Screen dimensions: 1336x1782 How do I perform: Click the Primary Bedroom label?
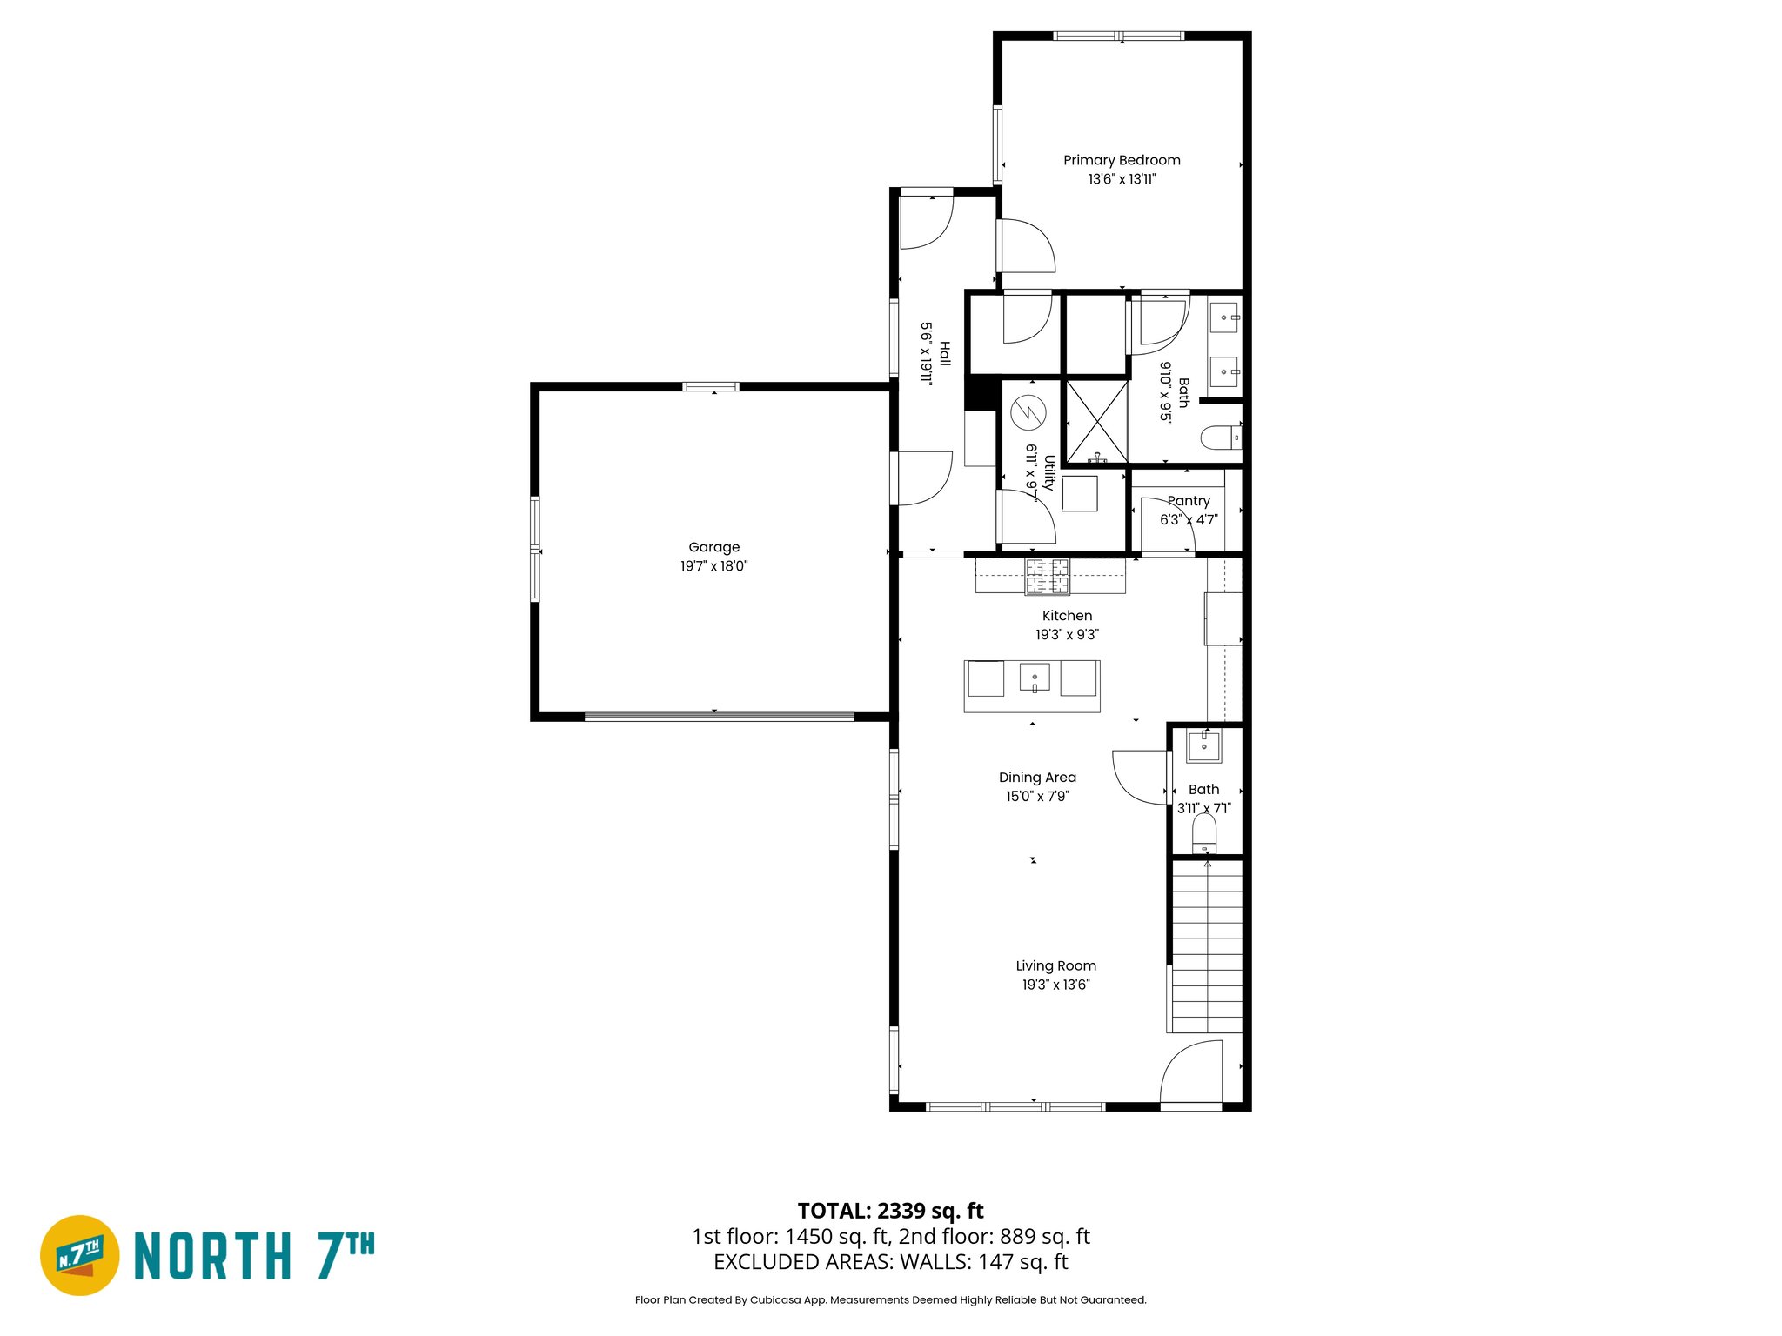click(x=1122, y=160)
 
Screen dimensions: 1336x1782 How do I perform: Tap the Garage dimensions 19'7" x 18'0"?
click(x=713, y=566)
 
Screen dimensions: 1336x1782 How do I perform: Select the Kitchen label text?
click(x=1067, y=616)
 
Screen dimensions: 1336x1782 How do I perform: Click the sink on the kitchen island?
click(x=1034, y=677)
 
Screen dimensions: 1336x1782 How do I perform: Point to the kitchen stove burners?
click(x=1048, y=577)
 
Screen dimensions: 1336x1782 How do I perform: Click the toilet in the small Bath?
click(x=1203, y=834)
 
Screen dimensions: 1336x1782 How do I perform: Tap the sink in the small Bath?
click(x=1204, y=745)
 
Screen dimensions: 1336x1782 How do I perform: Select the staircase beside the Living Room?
click(x=1207, y=946)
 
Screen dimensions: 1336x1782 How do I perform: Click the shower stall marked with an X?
click(x=1096, y=420)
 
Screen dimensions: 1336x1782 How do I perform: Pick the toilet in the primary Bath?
click(x=1220, y=437)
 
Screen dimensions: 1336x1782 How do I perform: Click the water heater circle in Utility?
click(x=1028, y=412)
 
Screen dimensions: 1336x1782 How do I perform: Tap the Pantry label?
click(x=1189, y=501)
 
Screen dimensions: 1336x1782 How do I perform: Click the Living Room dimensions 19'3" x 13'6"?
click(x=1055, y=985)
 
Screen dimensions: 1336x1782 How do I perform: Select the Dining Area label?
click(x=1037, y=778)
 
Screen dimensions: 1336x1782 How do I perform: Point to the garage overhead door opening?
click(x=719, y=717)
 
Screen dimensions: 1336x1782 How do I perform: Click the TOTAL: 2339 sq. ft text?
click(x=890, y=1211)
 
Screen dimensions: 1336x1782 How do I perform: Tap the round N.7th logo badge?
click(x=80, y=1255)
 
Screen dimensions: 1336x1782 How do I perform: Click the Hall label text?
click(x=945, y=354)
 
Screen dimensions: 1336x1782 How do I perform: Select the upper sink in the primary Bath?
click(x=1224, y=317)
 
